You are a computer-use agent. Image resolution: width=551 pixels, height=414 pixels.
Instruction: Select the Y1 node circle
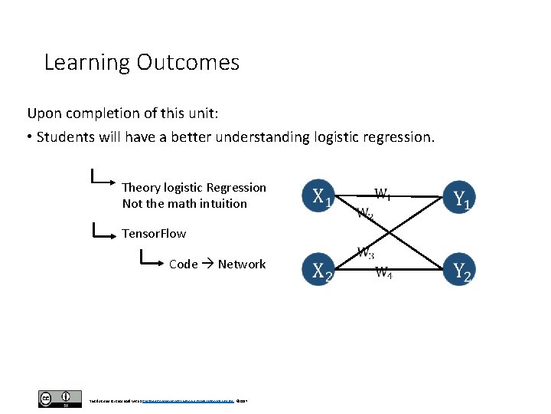tap(459, 197)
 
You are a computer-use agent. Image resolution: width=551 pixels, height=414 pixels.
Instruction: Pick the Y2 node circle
tap(459, 269)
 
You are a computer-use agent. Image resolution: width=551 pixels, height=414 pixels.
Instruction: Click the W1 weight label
tap(383, 195)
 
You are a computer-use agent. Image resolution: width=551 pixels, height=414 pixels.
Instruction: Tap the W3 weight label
tap(365, 252)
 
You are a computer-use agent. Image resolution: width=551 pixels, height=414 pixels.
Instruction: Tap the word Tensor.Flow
tap(154, 233)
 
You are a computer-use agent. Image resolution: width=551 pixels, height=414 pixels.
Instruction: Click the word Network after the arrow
tap(242, 264)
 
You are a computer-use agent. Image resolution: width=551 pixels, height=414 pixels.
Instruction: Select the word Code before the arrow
tap(184, 264)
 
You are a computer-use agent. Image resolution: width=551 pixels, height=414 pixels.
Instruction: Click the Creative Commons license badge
tap(59, 399)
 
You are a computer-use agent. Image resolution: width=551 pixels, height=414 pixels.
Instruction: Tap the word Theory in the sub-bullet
tap(141, 188)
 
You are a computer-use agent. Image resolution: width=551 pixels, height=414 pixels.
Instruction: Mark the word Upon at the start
tap(43, 113)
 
